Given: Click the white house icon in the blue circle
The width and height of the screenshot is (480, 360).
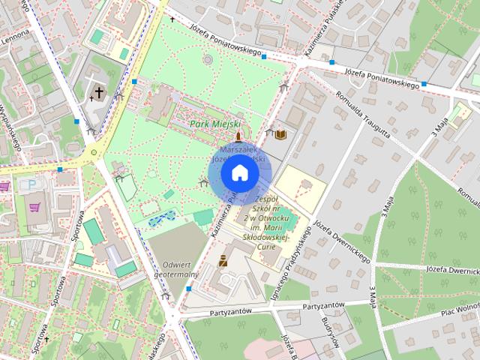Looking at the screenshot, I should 239,173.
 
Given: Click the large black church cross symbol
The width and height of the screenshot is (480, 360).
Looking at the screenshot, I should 98,93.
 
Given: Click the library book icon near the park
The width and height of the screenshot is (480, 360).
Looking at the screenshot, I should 281,134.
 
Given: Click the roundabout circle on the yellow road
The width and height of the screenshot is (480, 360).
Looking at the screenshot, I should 94,153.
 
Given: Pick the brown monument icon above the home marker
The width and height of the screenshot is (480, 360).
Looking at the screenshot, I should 239,136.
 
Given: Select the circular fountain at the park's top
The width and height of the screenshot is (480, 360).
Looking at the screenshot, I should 208,59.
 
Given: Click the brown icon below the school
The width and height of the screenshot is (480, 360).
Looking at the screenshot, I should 222,261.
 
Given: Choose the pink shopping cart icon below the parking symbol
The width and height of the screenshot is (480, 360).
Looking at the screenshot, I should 35,203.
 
